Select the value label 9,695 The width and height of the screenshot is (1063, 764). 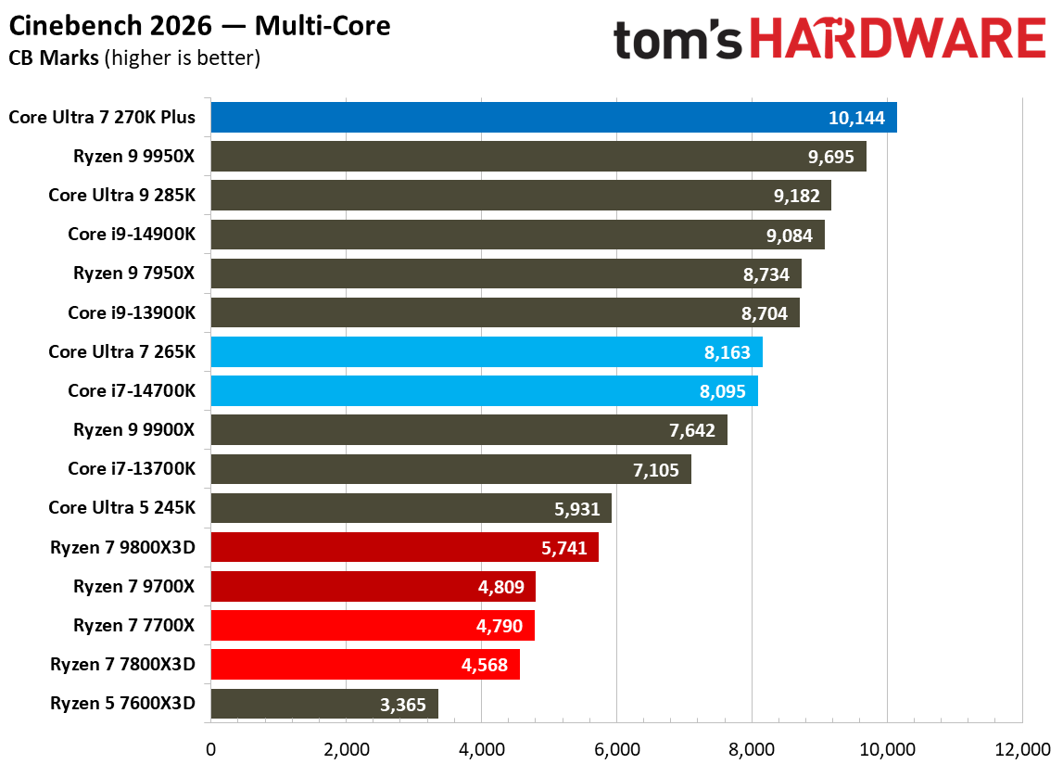click(x=830, y=157)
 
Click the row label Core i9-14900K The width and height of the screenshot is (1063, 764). click(x=132, y=235)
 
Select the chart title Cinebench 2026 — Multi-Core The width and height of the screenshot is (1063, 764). click(x=199, y=26)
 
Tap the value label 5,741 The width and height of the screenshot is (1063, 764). click(x=563, y=548)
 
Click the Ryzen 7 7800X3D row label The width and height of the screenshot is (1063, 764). click(x=123, y=665)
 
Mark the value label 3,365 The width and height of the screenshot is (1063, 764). click(x=402, y=705)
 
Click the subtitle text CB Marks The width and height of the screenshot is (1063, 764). click(x=54, y=58)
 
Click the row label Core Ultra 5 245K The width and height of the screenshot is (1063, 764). click(x=122, y=508)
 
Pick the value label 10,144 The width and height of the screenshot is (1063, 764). click(x=856, y=118)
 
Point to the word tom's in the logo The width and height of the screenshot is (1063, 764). click(x=678, y=41)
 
